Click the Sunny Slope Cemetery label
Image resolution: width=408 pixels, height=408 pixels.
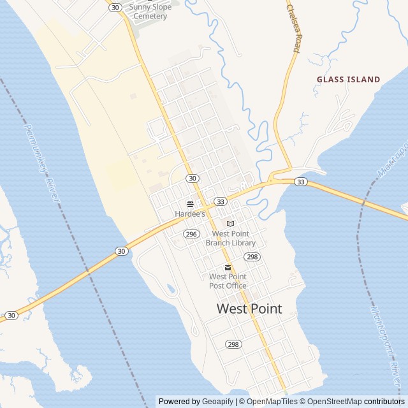point(150,11)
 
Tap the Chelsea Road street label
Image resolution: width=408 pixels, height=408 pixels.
point(294,29)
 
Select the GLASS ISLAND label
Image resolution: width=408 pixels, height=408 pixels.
point(349,80)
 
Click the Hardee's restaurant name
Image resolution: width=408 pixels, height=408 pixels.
point(190,214)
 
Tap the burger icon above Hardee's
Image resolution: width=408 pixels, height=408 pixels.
point(190,204)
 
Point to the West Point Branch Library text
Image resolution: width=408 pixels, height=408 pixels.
point(230,238)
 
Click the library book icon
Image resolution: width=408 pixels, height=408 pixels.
point(230,224)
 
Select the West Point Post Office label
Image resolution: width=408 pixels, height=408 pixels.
point(228,281)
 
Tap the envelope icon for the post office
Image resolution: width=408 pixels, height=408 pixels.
point(228,267)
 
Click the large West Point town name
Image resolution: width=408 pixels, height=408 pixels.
point(249,309)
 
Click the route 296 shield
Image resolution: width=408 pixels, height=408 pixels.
point(191,234)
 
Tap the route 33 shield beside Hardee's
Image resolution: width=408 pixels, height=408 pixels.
point(221,201)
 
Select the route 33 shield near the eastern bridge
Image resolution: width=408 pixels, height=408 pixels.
point(301,182)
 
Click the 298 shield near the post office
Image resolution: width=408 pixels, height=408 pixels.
point(252,257)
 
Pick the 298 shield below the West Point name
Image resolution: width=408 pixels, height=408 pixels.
point(233,344)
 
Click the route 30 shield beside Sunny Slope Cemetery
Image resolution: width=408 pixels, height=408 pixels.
point(115,7)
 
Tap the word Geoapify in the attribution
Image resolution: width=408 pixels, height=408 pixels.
point(218,402)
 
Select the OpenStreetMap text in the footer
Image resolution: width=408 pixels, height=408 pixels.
point(335,402)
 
